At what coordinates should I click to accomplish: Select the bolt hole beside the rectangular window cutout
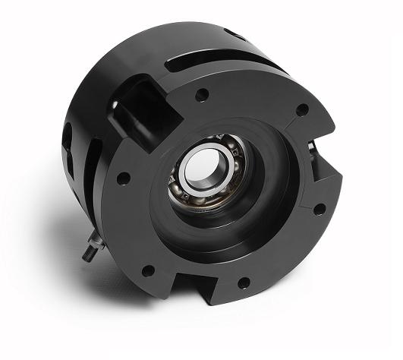[202, 96]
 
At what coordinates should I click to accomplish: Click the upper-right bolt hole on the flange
[301, 109]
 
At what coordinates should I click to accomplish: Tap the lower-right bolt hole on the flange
[320, 208]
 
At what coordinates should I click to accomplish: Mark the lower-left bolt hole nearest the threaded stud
[147, 270]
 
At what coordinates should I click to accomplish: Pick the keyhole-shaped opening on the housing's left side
[69, 141]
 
